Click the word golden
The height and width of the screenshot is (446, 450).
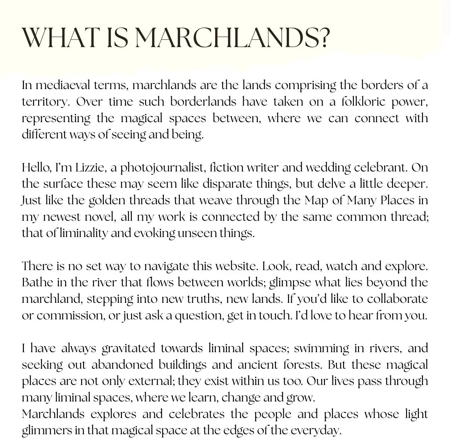click(106, 201)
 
